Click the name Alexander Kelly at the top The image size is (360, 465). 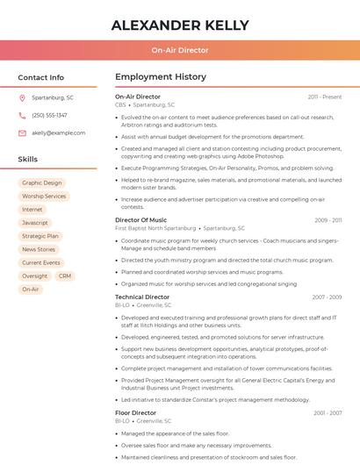coord(179,25)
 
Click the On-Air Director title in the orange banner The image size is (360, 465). coord(179,51)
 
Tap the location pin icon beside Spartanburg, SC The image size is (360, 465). coord(22,98)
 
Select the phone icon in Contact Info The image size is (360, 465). coord(22,115)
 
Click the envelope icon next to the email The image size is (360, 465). coord(22,132)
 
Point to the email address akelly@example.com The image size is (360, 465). coord(58,132)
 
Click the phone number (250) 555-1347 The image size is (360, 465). coord(49,115)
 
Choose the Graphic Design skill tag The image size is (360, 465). coord(42,183)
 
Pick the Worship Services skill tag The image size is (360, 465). coord(44,197)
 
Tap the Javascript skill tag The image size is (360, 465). coord(35,223)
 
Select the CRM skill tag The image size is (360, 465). coord(65,275)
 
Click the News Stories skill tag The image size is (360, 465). coord(39,249)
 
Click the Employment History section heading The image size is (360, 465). coord(161,77)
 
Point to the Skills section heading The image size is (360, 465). coord(28,160)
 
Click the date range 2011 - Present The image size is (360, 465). coord(324,97)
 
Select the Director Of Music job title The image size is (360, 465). coord(140,219)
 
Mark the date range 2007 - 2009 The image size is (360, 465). coord(327,297)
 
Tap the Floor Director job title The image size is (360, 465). coord(135,412)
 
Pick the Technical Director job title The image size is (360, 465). coord(142,297)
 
